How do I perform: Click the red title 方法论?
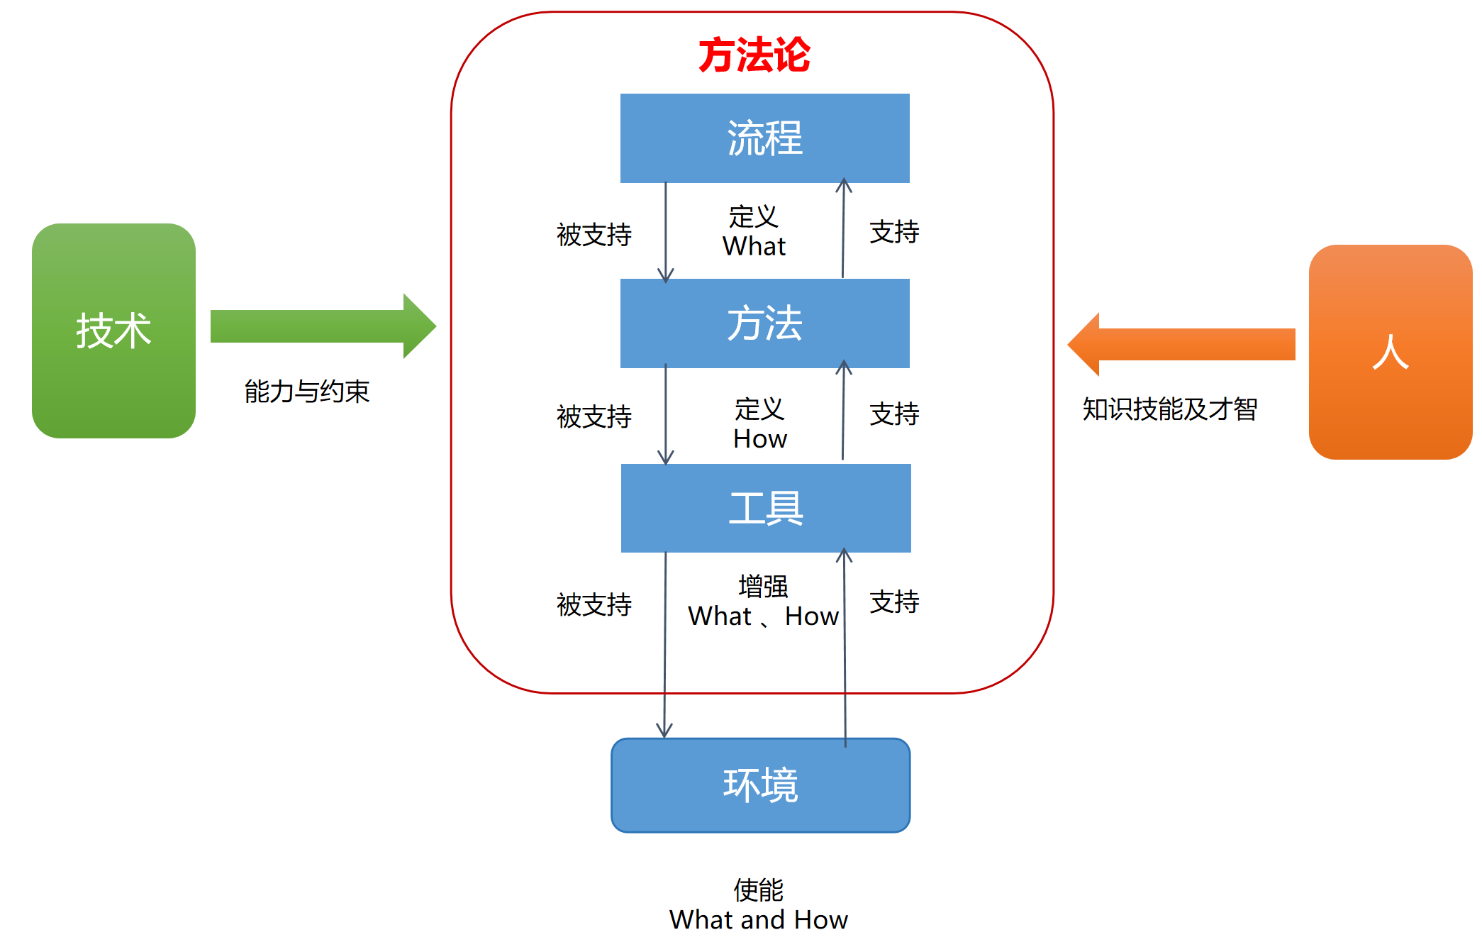coord(754,55)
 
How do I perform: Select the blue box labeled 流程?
coord(764,138)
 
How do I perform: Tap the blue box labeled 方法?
coord(764,323)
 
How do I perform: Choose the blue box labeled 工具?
coord(766,508)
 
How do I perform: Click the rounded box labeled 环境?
coord(760,785)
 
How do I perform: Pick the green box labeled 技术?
coord(113,331)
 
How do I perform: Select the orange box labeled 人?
coord(1390,352)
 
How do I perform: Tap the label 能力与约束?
coord(307,391)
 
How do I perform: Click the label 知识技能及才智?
coord(1170,409)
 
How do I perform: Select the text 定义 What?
coord(754,231)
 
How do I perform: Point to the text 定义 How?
coord(759,424)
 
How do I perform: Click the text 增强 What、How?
coord(763,602)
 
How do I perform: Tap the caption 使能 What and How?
coord(758,904)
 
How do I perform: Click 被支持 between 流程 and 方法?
coord(594,235)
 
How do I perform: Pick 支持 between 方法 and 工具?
coord(894,414)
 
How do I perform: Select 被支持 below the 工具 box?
coord(594,604)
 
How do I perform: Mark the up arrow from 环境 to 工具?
coord(845,646)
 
